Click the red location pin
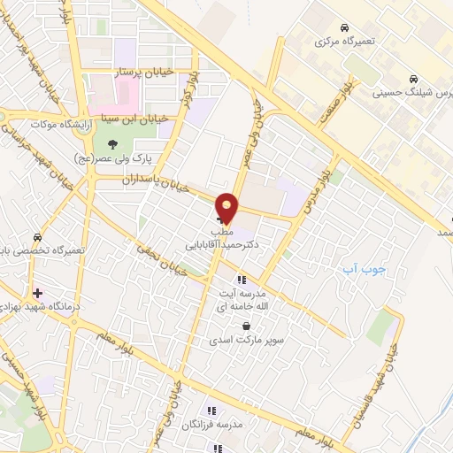pyautogui.click(x=227, y=207)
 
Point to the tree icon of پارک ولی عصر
pyautogui.click(x=111, y=144)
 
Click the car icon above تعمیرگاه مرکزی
pyautogui.click(x=343, y=27)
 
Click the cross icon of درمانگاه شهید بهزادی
pyautogui.click(x=36, y=292)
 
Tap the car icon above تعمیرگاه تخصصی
pyautogui.click(x=37, y=238)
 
